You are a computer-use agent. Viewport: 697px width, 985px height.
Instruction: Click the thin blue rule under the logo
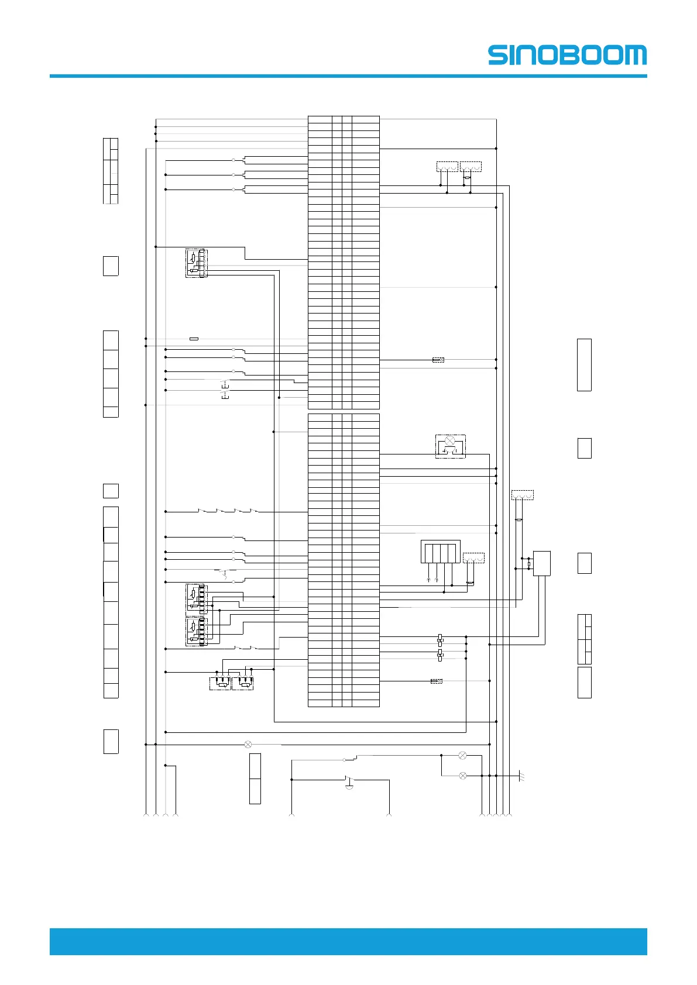point(348,76)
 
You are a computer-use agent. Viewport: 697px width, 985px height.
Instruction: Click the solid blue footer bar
point(348,941)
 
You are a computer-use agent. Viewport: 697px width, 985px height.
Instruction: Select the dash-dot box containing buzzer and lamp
point(451,446)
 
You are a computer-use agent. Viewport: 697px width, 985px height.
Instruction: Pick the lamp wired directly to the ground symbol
point(463,776)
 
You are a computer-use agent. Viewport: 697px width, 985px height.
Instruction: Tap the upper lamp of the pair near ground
point(462,755)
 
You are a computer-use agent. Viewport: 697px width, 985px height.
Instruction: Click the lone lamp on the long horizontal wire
point(248,745)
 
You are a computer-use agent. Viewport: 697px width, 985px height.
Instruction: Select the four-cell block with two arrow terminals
point(440,552)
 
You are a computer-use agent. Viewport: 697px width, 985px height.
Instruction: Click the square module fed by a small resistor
point(542,563)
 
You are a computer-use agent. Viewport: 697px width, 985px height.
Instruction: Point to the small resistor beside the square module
point(529,564)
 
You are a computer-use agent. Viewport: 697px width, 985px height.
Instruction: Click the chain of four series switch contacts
point(228,512)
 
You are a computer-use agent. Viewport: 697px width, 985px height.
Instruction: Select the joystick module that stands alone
point(197,263)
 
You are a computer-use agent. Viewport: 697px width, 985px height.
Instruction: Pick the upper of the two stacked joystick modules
point(197,598)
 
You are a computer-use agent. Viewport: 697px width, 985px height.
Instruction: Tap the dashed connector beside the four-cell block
point(473,557)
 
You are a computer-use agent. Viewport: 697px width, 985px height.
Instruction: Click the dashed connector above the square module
point(523,495)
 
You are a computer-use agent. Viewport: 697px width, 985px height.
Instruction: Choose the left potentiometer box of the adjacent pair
point(220,683)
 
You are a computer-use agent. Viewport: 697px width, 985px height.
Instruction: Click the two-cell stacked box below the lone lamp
point(255,779)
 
